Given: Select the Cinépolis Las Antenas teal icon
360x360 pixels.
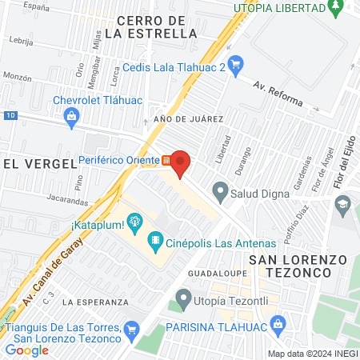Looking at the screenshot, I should coord(154,239).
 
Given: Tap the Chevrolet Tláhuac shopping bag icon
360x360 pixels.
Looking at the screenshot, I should coord(72,118).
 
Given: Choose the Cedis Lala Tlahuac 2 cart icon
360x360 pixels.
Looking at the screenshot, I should coord(235,64).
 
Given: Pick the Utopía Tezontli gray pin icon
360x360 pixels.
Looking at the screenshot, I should coord(184,301).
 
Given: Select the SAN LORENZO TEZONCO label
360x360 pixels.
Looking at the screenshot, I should coord(290,266).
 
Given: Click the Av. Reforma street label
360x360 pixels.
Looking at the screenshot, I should coord(278,94).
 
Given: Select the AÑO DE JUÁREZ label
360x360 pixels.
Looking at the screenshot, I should coord(188,118).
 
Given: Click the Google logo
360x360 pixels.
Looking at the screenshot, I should coord(26,350).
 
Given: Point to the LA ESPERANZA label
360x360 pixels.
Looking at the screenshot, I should coord(95,302).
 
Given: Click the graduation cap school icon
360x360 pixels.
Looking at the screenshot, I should coord(343,206).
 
